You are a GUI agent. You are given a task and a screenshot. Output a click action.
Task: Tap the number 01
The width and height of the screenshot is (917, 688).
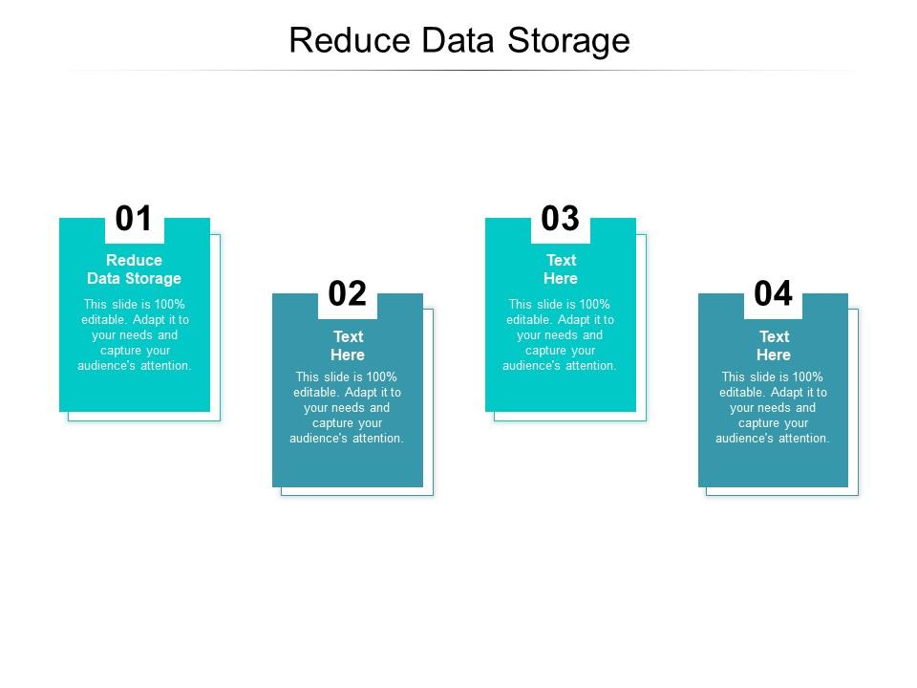(134, 219)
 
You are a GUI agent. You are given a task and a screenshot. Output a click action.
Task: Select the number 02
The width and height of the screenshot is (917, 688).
(348, 294)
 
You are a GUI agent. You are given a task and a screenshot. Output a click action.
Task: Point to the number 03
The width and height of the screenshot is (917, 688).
(561, 219)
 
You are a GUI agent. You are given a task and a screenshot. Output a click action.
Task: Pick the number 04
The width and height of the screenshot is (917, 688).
(774, 294)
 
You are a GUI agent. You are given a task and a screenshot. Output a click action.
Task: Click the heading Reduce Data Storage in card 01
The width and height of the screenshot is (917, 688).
(134, 269)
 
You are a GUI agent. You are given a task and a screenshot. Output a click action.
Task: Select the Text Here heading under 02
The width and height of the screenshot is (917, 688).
(348, 345)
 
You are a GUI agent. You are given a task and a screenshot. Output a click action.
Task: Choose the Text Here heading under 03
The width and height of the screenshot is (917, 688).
(561, 269)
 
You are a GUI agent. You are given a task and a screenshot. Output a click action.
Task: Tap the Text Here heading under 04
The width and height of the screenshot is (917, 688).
(774, 345)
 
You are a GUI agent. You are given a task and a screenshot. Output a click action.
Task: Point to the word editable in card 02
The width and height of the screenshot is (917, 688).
(316, 393)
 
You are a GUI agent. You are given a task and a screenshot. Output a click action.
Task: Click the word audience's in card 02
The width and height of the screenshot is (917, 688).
(317, 439)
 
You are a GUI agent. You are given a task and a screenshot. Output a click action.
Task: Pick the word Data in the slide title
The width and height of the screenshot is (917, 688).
(460, 41)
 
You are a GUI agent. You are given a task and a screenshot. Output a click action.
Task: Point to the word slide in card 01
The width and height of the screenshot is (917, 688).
(128, 305)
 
